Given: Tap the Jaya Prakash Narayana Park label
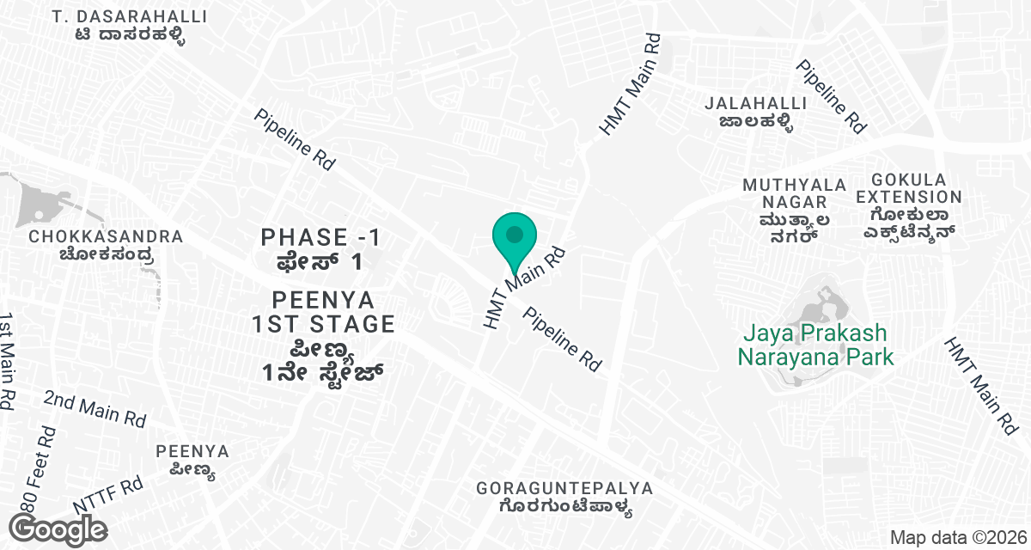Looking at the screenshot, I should (815, 345).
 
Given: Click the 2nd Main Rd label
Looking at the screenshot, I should (95, 408).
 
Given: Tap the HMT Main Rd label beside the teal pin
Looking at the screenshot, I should (525, 288).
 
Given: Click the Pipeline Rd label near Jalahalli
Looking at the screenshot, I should (831, 95).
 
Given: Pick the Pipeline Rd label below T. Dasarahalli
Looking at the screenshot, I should (295, 138).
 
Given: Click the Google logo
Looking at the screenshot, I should (58, 529).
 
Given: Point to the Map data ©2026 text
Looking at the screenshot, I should (957, 538).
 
